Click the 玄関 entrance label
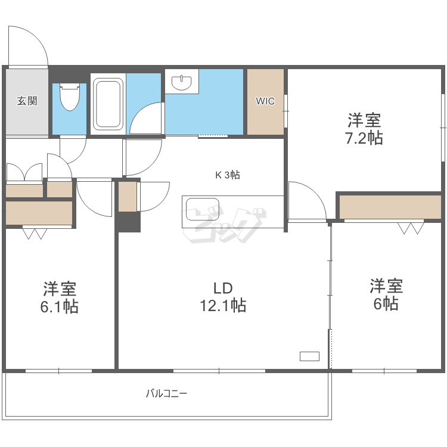27,101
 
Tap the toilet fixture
70,97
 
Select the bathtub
108,104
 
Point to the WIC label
265,101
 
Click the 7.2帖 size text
364,138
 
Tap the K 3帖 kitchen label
228,175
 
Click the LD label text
222,288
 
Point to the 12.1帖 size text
222,306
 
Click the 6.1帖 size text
60,307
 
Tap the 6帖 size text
386,304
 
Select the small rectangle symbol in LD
309,356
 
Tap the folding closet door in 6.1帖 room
34,233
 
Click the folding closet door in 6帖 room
411,228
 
